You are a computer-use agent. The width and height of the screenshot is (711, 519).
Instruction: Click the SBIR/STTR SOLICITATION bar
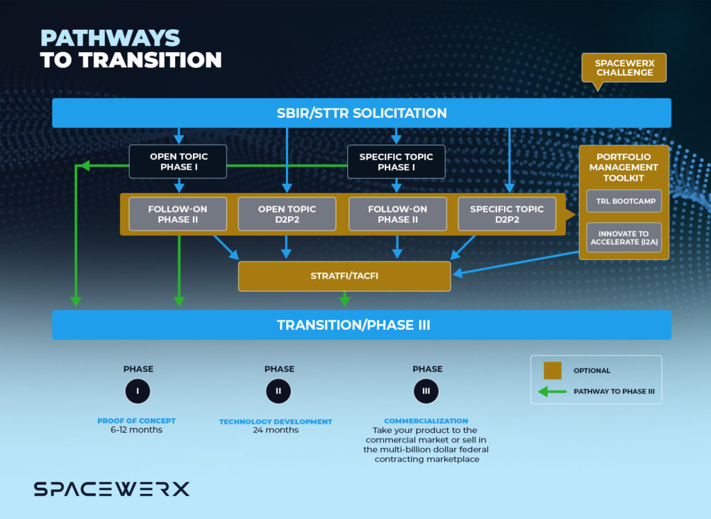coord(361,113)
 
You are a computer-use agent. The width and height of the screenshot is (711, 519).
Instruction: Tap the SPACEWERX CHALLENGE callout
coord(624,68)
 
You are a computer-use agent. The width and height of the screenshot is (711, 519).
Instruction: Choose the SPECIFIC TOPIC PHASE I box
coord(396,162)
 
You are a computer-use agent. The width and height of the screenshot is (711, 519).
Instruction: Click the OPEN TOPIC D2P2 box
coord(287,214)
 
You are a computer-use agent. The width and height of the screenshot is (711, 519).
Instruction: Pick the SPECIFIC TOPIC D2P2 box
coord(507,214)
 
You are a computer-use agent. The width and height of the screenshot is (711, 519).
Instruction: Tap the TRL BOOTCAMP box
coord(624,201)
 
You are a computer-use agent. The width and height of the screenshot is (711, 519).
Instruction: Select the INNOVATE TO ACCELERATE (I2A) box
coord(624,237)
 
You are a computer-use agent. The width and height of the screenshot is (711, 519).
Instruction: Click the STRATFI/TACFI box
coord(344,276)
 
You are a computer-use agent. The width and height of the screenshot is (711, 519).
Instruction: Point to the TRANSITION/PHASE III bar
coord(361,324)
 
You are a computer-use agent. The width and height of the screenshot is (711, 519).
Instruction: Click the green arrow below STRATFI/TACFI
coord(344,299)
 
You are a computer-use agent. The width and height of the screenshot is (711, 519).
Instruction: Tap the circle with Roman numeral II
coord(278,391)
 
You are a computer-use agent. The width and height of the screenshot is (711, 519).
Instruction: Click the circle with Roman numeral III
coord(426,391)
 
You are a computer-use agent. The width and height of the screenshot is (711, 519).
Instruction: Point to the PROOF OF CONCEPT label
coord(137,421)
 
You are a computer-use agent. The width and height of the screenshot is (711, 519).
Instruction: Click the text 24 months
coord(276,430)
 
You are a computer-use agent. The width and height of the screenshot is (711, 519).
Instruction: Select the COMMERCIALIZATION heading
coord(426,421)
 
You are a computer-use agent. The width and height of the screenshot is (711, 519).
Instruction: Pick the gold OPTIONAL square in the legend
coord(553,370)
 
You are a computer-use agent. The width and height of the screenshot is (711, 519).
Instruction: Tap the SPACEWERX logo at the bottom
coord(112,489)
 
